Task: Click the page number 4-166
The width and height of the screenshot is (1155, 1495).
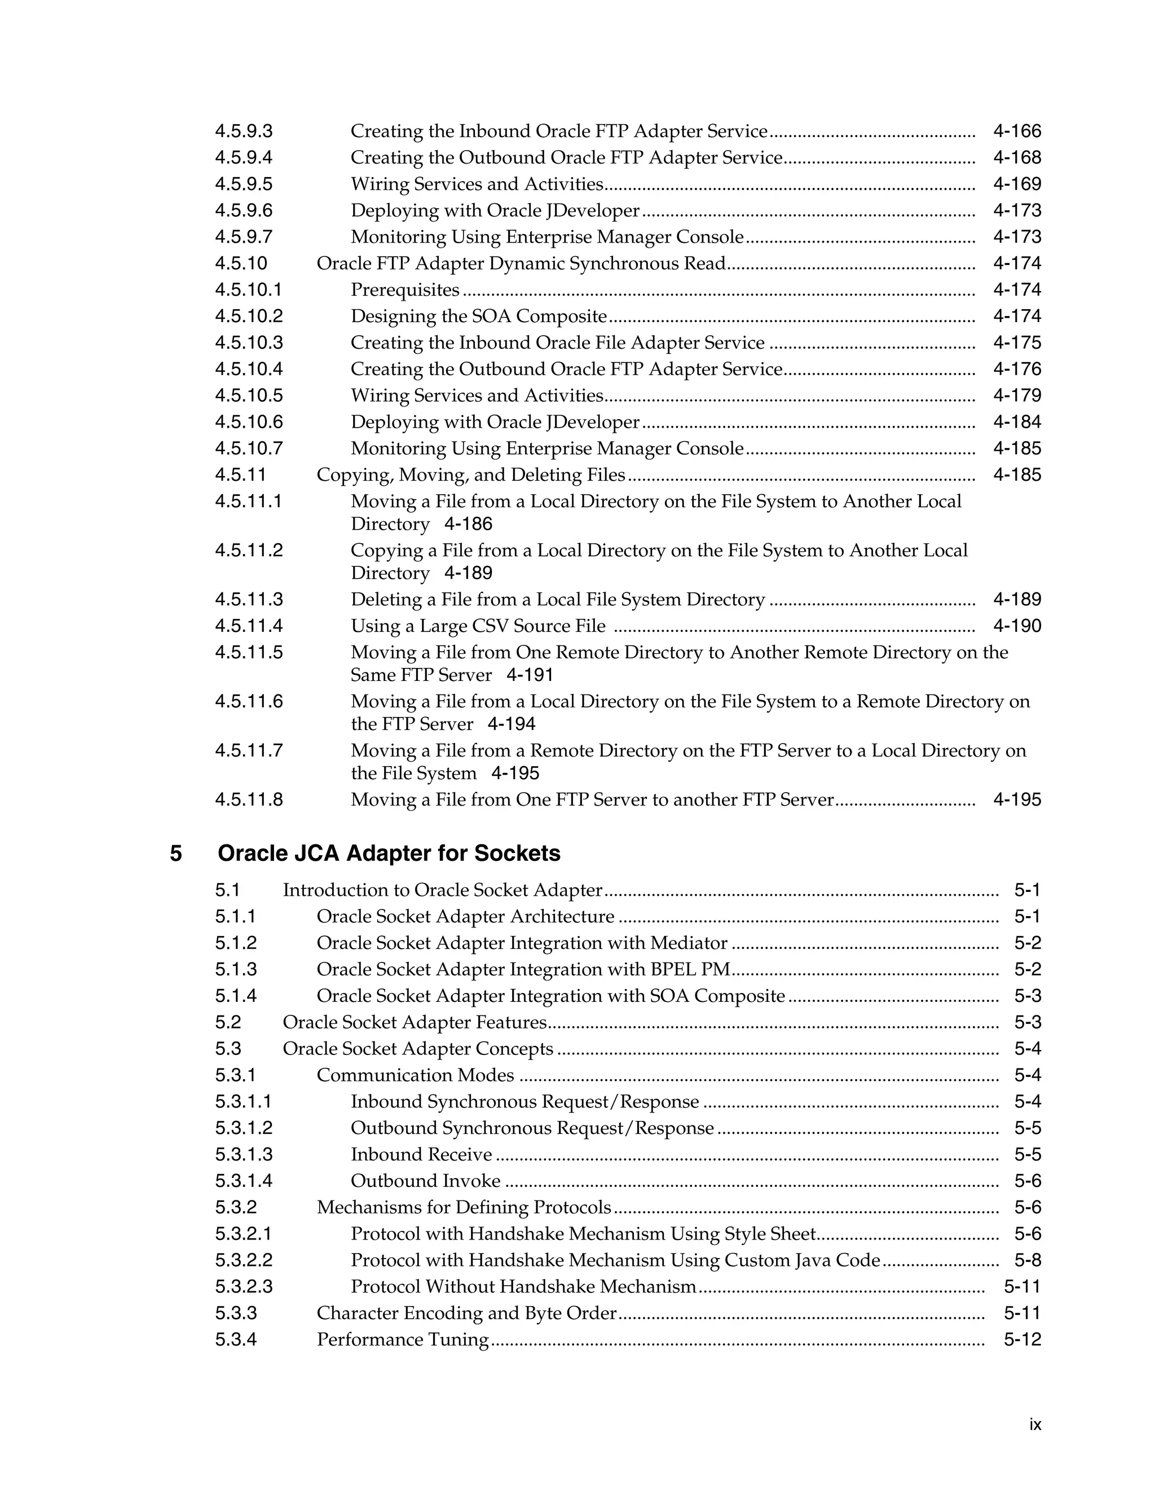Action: pyautogui.click(x=1017, y=131)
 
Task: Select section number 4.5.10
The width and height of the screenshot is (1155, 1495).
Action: pyautogui.click(x=241, y=263)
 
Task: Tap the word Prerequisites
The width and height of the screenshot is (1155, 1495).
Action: pyautogui.click(x=405, y=290)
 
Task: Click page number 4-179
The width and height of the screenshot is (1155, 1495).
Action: pyautogui.click(x=1017, y=395)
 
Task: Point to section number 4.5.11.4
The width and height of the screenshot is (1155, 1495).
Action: pyautogui.click(x=248, y=626)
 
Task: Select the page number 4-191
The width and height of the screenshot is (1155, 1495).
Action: pyautogui.click(x=530, y=676)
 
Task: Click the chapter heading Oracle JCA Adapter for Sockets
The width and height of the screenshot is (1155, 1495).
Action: pyautogui.click(x=389, y=854)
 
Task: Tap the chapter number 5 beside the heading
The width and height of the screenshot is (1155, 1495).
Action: pyautogui.click(x=176, y=854)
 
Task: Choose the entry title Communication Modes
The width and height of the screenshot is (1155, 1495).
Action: pyautogui.click(x=415, y=1075)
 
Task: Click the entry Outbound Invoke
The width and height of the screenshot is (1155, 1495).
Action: pyautogui.click(x=426, y=1181)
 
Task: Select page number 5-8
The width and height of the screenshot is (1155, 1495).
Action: pyautogui.click(x=1027, y=1261)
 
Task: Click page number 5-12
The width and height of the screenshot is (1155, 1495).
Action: pyautogui.click(x=1022, y=1340)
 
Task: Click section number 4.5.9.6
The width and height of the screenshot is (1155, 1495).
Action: pyautogui.click(x=244, y=211)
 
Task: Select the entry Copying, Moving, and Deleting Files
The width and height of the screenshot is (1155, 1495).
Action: pyautogui.click(x=471, y=475)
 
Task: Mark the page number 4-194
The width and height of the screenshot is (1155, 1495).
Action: pyautogui.click(x=511, y=725)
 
